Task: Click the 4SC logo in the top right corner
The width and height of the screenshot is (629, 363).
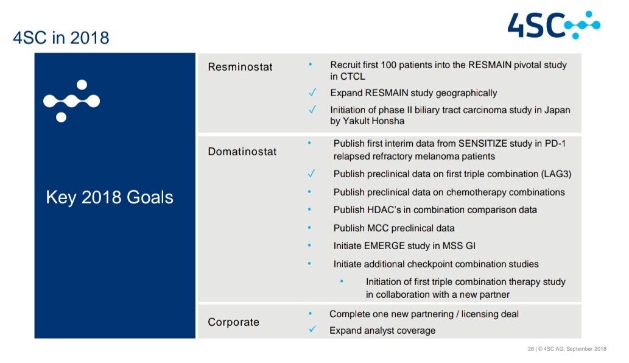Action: tap(553, 25)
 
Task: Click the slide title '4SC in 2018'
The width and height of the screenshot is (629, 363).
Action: tap(61, 38)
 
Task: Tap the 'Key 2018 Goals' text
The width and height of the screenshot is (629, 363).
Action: tap(110, 197)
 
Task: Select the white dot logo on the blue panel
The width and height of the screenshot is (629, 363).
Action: tap(71, 100)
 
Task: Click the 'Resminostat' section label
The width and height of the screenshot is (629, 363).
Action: tap(240, 66)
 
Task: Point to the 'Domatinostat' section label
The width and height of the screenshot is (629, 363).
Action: tap(242, 152)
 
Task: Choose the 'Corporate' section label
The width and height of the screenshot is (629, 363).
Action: tap(233, 322)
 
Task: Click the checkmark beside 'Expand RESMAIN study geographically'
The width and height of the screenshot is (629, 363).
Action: tap(312, 93)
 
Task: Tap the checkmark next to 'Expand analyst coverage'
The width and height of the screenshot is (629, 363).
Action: tap(312, 330)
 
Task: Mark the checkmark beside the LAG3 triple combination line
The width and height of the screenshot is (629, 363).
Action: tap(311, 173)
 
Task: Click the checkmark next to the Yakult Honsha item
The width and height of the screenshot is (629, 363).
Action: tap(312, 109)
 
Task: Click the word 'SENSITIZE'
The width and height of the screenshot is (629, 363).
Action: tap(483, 144)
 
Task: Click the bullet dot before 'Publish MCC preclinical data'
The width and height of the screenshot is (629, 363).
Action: tap(309, 227)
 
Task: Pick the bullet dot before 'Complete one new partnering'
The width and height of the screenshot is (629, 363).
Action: tap(310, 313)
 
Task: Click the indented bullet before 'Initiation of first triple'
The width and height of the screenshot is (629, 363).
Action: tap(342, 281)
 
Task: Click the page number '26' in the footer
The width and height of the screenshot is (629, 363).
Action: tap(531, 349)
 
